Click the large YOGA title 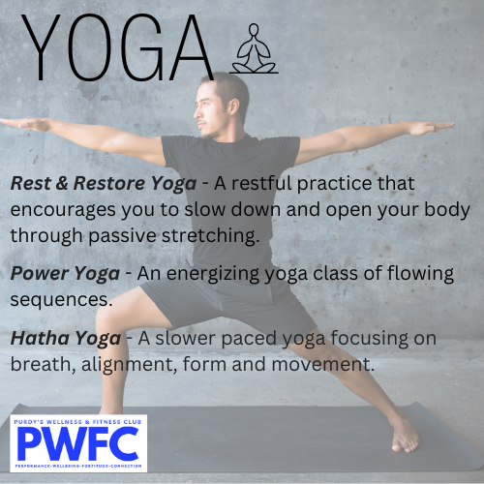[x=118, y=47]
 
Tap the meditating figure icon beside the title [x=254, y=48]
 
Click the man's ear [x=233, y=106]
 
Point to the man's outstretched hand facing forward [x=22, y=124]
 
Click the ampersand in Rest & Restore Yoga [x=62, y=183]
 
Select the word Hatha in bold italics [x=38, y=338]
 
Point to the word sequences [x=61, y=300]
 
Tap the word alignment [x=129, y=365]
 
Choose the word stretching [x=210, y=236]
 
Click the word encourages [x=63, y=211]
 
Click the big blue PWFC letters [x=78, y=444]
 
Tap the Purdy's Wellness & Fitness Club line [x=77, y=422]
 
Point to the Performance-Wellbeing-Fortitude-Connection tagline [x=78, y=466]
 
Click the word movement [x=323, y=365]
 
